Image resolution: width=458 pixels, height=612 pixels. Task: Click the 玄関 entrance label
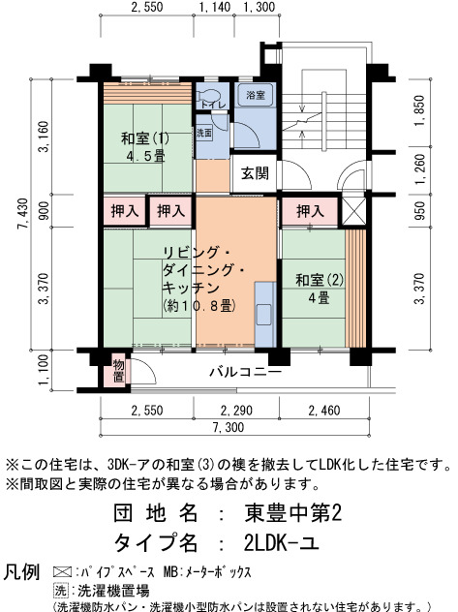(255, 173)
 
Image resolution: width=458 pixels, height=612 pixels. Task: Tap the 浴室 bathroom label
(256, 95)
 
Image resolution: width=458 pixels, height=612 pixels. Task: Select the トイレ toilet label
(213, 105)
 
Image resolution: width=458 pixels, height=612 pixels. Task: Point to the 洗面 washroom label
(204, 133)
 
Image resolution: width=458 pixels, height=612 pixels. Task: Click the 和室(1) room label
(145, 138)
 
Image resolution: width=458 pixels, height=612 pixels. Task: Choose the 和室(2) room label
(320, 280)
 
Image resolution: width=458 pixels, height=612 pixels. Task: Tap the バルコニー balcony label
(245, 371)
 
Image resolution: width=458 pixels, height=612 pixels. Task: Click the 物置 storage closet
(118, 371)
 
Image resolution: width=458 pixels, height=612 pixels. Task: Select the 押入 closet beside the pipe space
(310, 211)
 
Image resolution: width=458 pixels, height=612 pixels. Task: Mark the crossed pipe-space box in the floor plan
(354, 211)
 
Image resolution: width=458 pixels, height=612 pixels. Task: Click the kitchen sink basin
(263, 315)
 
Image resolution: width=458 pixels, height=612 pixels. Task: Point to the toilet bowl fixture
(204, 96)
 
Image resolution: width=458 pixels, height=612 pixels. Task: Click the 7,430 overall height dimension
(24, 214)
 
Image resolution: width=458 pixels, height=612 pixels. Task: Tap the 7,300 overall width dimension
(229, 427)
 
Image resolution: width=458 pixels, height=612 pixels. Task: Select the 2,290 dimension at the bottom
(236, 411)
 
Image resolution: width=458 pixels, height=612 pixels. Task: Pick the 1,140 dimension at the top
(215, 7)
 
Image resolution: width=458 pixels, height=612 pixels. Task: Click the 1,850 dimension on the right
(420, 110)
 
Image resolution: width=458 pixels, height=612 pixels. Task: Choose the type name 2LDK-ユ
(281, 542)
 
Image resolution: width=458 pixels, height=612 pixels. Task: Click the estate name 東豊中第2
(293, 513)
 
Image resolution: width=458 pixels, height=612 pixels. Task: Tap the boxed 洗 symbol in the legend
(61, 591)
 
